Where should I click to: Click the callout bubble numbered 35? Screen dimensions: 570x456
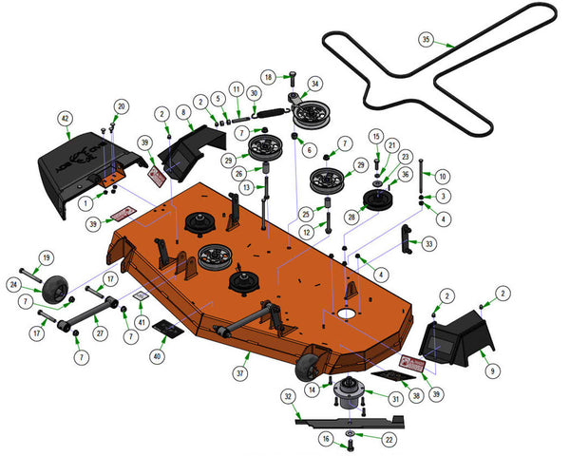coord(426,39)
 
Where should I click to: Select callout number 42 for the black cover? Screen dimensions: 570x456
coord(65,119)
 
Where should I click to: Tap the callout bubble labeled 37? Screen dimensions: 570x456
coord(240,373)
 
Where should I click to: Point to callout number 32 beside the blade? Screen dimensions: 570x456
coord(288,396)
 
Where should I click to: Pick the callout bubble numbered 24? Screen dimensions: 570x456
coord(14,284)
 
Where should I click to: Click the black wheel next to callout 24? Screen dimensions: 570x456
coord(55,289)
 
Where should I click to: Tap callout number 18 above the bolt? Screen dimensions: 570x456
coord(268,77)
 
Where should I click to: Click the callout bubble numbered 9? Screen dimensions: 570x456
coord(493,370)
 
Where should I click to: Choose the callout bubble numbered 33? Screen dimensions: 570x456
coord(429,243)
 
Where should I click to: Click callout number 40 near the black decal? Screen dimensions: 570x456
coord(157,356)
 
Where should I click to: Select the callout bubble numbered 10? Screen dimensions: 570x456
coord(443,177)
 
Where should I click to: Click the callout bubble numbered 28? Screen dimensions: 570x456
coord(351,218)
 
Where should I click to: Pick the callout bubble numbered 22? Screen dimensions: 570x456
coord(389,440)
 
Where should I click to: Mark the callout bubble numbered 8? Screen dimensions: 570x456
coord(183,112)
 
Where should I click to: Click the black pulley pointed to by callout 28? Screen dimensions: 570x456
coord(378,199)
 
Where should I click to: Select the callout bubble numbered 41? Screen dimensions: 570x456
coord(142,322)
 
